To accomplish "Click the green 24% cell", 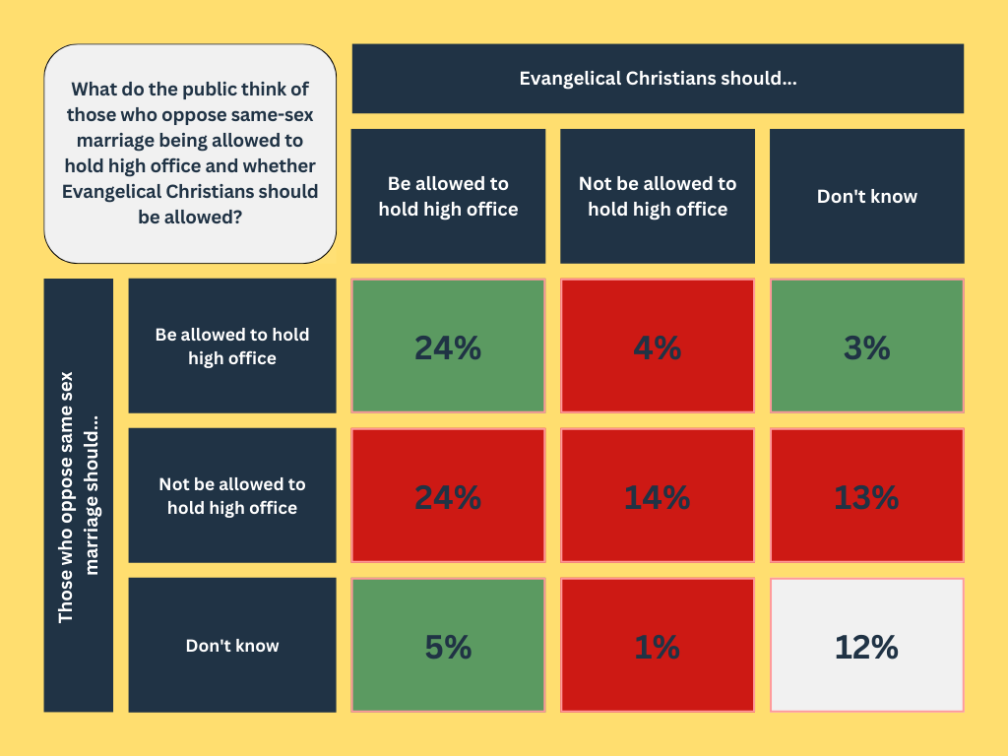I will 448,346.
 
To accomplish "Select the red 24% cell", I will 448,496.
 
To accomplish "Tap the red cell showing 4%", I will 658,346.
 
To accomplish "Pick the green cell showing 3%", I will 866,346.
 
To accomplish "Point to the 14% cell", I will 658,496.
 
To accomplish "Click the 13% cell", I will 866,496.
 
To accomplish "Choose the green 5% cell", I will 448,646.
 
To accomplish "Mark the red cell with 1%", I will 658,646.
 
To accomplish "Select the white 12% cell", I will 866,646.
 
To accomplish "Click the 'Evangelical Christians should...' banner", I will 658,79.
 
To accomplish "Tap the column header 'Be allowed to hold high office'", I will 448,196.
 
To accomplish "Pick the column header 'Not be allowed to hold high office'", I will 658,196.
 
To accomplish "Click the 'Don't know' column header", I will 866,196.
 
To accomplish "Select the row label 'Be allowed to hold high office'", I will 232,346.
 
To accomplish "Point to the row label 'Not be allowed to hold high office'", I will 232,496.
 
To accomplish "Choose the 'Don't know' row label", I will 232,646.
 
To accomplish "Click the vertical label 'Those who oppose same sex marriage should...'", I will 79,496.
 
